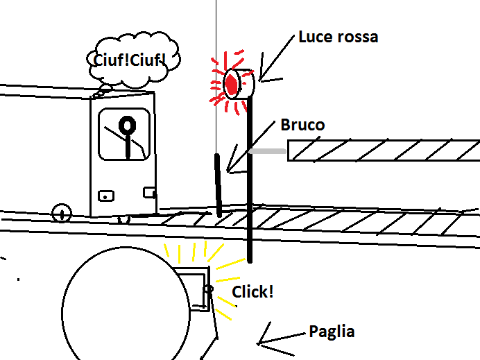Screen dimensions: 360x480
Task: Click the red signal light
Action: [232, 84]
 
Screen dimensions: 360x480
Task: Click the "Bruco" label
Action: [302, 126]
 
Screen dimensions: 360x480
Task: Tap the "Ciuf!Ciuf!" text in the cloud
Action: [130, 60]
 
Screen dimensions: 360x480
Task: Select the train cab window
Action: [124, 133]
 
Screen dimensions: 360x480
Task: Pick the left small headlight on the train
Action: [105, 196]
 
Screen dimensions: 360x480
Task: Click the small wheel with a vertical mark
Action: [62, 212]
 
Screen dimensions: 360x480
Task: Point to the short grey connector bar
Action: [268, 151]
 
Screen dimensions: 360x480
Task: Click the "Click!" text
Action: [252, 292]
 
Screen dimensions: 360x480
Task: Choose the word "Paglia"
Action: [332, 332]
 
